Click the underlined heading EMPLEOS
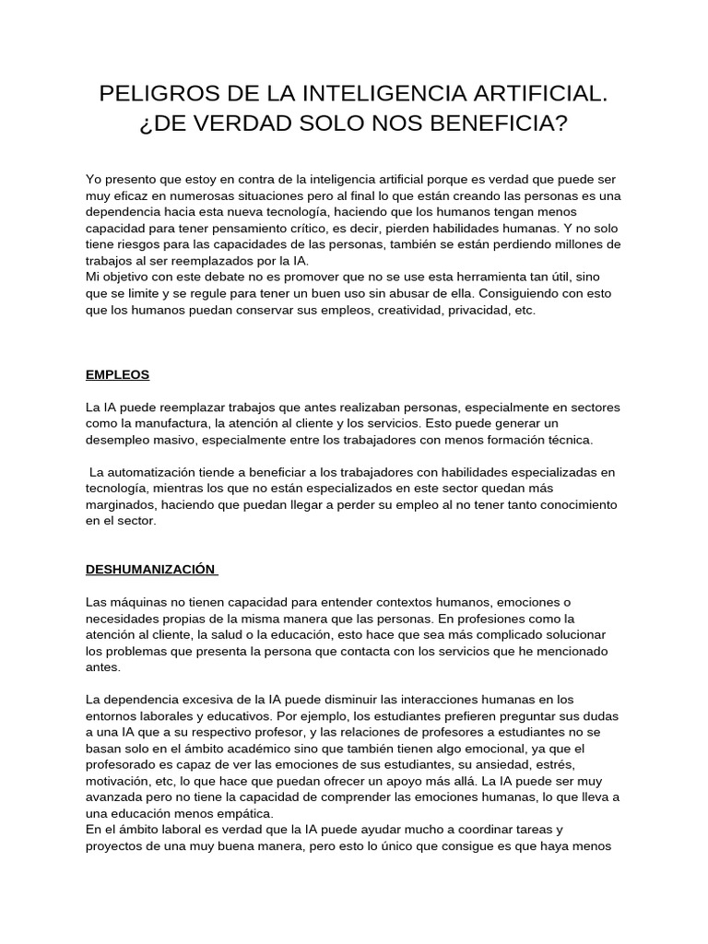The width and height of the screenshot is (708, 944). coord(117,375)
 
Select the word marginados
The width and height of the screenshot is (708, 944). coord(121,505)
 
